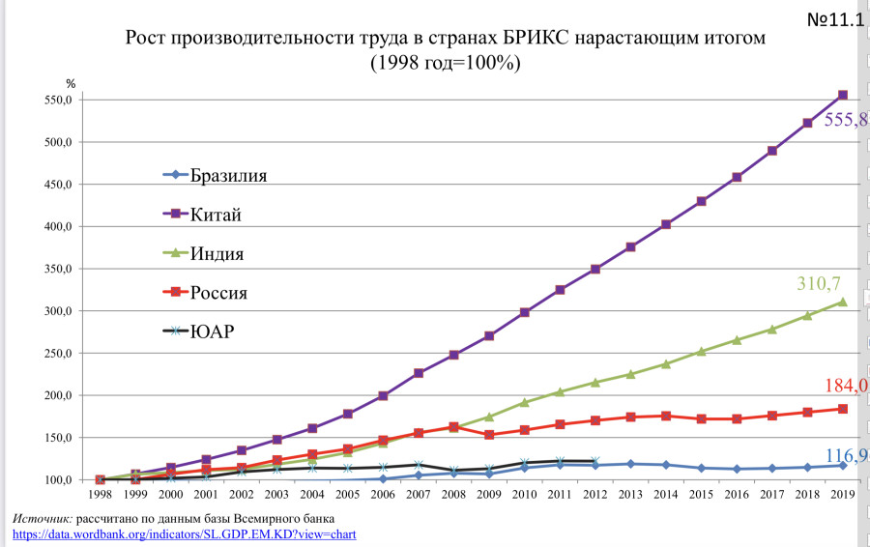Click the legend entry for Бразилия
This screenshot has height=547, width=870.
[x=228, y=175]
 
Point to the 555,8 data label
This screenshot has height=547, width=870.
[x=845, y=121]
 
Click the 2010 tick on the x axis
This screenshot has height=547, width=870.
[x=523, y=494]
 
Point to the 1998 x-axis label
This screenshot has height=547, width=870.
[x=100, y=494]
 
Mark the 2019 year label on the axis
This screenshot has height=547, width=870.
[x=841, y=494]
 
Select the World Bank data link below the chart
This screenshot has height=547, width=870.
[x=185, y=533]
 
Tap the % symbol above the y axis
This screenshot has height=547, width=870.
[x=70, y=84]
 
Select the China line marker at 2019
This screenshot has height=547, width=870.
[x=843, y=95]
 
